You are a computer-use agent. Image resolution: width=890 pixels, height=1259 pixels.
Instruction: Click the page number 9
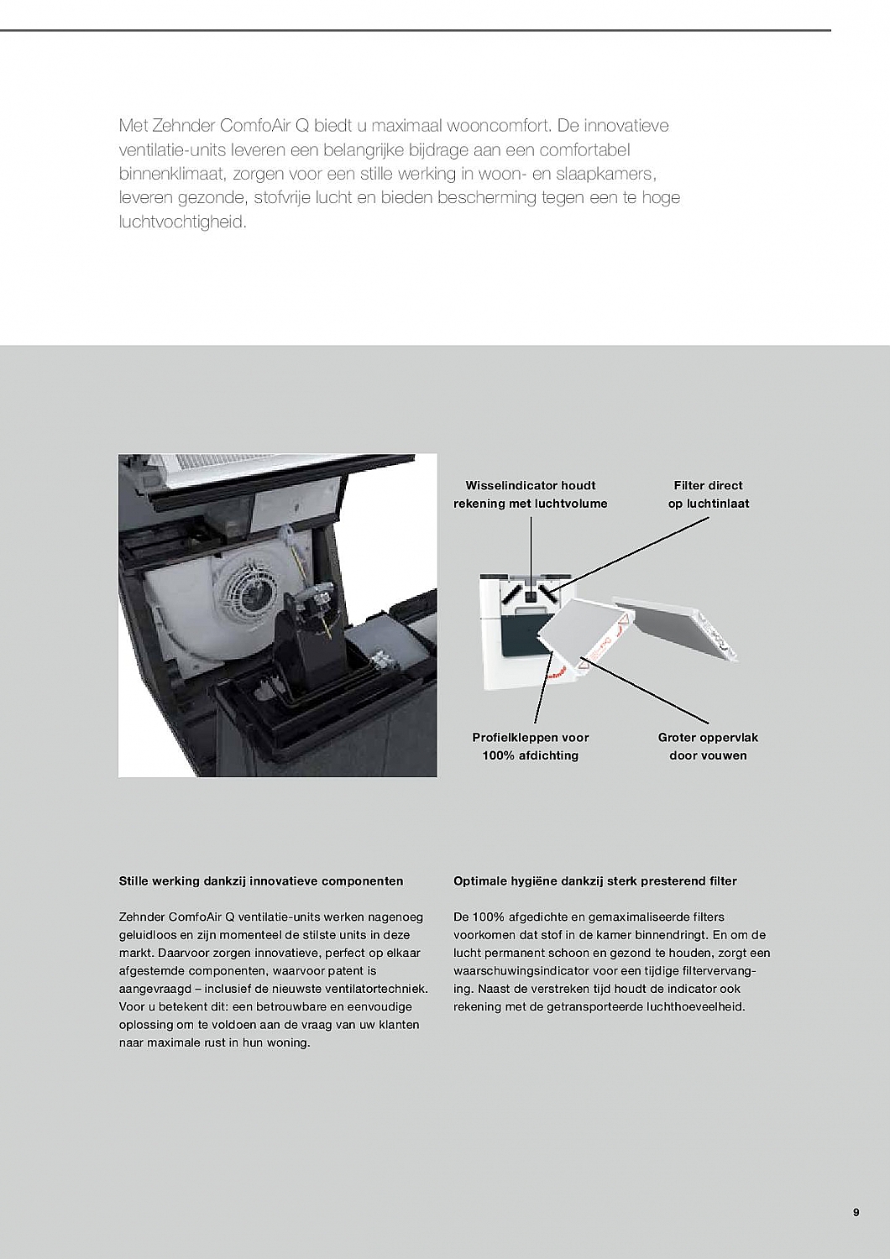856,1212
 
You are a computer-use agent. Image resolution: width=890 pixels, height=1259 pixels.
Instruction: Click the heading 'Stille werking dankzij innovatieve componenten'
261,881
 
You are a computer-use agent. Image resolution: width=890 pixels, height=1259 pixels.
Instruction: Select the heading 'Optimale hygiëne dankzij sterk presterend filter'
595,881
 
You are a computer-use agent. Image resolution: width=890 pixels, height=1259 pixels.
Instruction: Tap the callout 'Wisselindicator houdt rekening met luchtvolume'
531,494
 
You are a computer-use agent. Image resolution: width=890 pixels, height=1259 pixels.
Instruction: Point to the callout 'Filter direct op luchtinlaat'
708,494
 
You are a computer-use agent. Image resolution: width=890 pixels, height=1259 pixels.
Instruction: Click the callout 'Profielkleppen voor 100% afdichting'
531,746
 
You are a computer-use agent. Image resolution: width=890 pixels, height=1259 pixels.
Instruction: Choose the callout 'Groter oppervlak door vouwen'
708,746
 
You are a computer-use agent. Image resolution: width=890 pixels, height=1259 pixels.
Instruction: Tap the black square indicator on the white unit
531,596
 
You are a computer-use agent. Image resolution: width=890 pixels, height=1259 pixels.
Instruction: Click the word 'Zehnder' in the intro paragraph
183,126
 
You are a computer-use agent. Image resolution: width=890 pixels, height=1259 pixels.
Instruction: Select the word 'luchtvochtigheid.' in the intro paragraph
183,223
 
